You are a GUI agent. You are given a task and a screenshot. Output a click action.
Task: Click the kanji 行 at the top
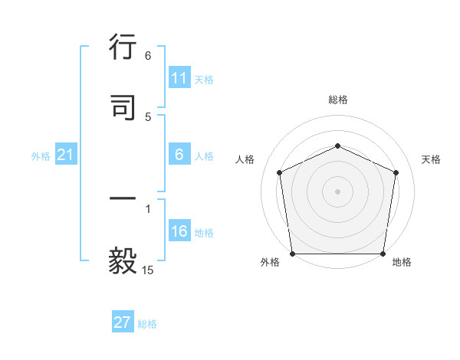click(x=123, y=48)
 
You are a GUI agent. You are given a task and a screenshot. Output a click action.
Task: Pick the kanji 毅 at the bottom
click(x=123, y=261)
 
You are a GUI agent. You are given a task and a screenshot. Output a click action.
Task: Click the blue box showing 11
click(x=179, y=78)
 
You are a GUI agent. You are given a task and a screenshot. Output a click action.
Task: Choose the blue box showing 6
click(x=179, y=155)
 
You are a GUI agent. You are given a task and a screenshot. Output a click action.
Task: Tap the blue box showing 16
click(x=179, y=232)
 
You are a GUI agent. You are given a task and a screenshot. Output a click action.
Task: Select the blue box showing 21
click(x=65, y=155)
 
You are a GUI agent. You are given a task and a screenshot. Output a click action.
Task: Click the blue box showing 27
click(x=123, y=322)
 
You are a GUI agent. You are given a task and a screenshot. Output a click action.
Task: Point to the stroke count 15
click(x=148, y=270)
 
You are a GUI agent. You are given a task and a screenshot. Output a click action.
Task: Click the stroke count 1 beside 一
click(x=148, y=208)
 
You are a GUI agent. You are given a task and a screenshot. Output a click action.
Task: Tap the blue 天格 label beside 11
click(x=203, y=79)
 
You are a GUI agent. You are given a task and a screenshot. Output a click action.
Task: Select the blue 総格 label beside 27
click(x=147, y=323)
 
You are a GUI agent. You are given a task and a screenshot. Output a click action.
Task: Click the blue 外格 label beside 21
click(x=41, y=156)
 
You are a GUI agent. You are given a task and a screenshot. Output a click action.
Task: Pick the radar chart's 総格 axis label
click(x=337, y=100)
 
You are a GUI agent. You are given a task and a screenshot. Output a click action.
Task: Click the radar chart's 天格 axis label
click(x=431, y=159)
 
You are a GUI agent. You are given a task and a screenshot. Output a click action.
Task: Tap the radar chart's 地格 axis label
click(x=402, y=263)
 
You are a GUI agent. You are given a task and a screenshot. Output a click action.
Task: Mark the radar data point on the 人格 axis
click(x=280, y=172)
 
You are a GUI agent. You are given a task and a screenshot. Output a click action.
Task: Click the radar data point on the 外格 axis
click(x=293, y=254)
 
